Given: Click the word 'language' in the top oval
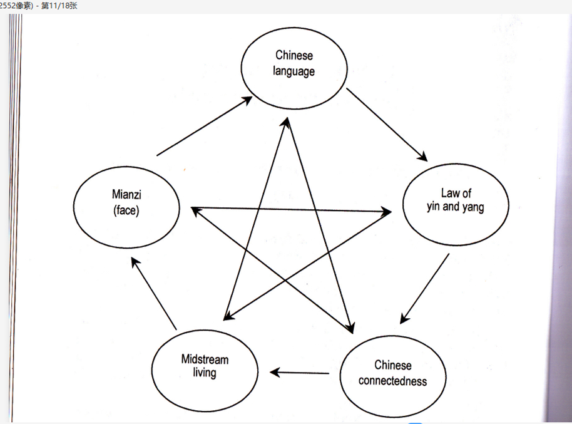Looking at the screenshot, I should (x=294, y=71).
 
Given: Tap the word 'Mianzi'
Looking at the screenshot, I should (x=126, y=195).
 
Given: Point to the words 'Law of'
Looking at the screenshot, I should (x=456, y=193).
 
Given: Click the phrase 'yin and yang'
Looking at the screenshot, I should (x=455, y=207).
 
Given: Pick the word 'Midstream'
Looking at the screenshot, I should (x=205, y=359).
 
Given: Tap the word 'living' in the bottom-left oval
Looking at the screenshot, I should (x=205, y=373).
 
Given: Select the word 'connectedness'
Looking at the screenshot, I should (x=392, y=381).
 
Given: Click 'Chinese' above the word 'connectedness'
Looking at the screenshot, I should (x=393, y=365).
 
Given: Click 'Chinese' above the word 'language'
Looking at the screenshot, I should (x=294, y=56).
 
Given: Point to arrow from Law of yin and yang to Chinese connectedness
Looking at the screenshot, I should (x=425, y=288).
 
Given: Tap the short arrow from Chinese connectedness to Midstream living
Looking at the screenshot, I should (x=300, y=373).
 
